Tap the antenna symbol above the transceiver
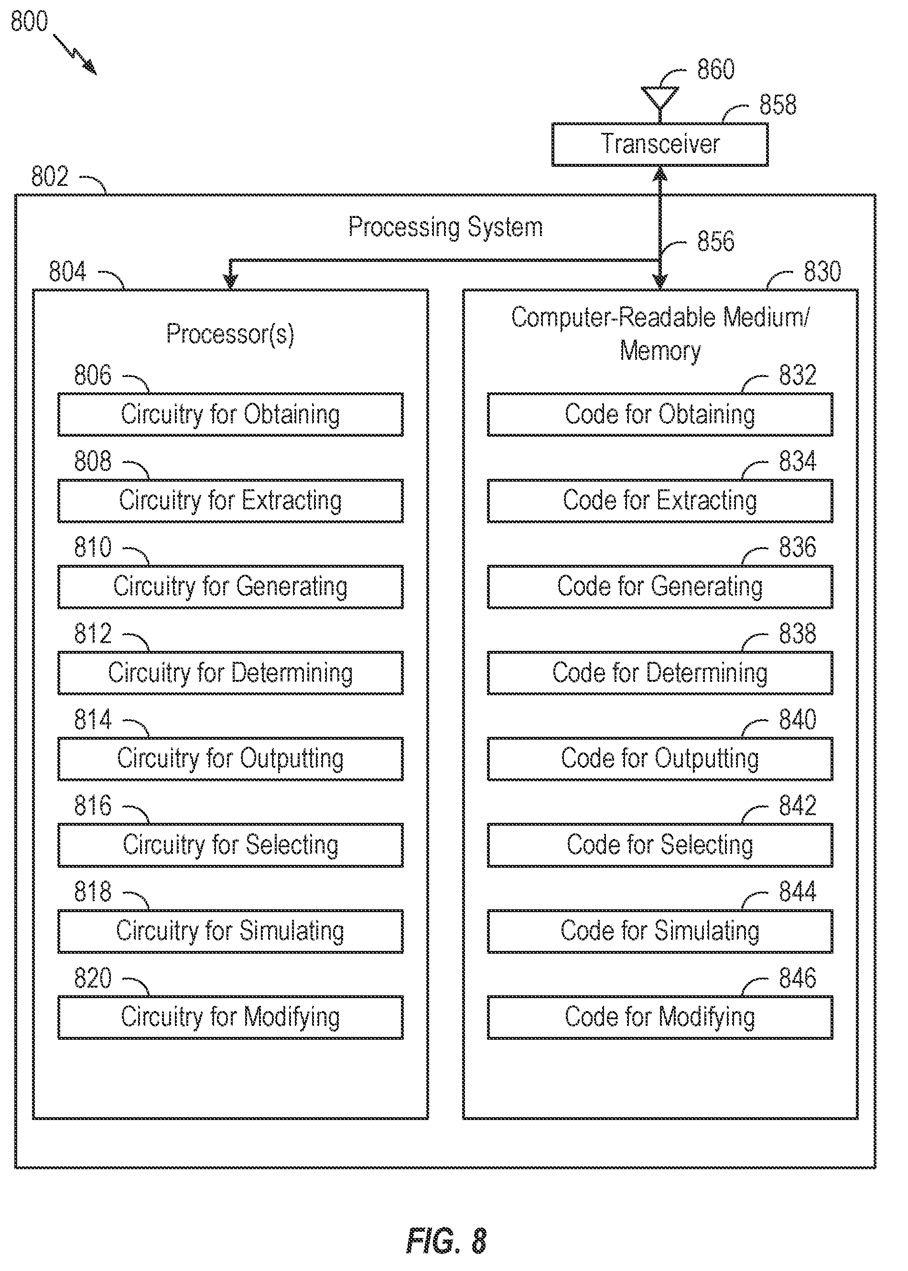point(660,101)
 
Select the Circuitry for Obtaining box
point(230,414)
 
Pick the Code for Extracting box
point(660,500)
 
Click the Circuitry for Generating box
point(230,586)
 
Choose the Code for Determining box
point(660,672)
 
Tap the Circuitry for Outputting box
point(230,758)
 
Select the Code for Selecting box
point(660,844)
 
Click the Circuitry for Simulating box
point(230,931)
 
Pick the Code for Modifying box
point(660,1017)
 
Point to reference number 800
point(29,21)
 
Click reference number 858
point(777,105)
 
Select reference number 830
point(822,271)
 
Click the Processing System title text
point(445,227)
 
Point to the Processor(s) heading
point(230,334)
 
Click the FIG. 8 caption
point(446,1241)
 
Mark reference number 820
point(93,978)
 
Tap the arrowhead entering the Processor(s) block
point(230,281)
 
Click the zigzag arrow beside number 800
point(75,54)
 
